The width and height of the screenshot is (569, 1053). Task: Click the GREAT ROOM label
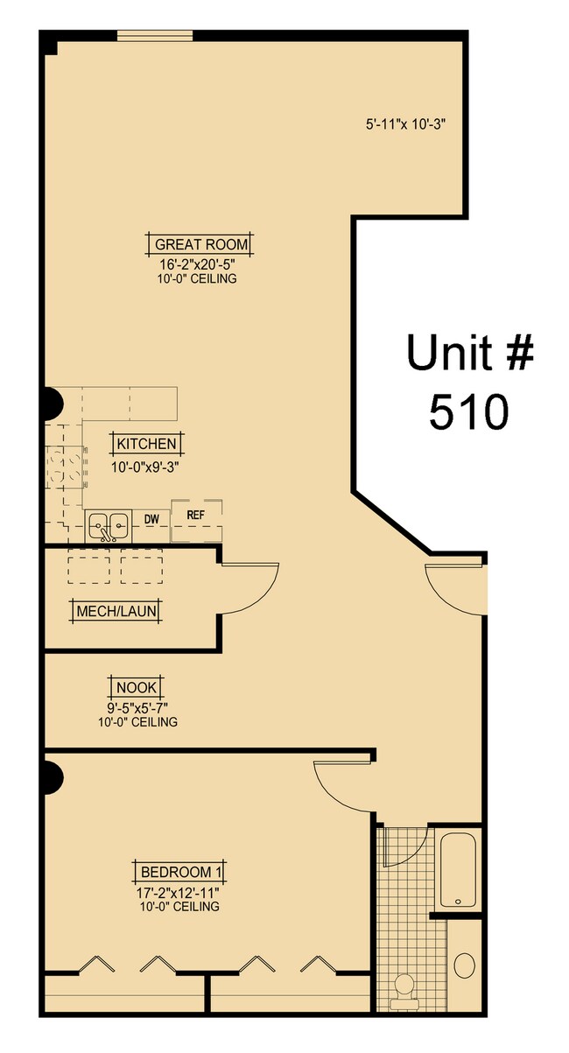[201, 244]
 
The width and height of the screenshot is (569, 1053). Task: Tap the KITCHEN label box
[146, 444]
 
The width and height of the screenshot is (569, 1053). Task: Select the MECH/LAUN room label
[118, 610]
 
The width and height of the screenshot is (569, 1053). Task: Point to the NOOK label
[137, 688]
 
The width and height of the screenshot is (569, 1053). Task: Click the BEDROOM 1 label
[182, 872]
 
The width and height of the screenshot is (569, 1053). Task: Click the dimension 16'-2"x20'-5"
[197, 264]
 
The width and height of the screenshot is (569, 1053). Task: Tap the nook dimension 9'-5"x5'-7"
[137, 708]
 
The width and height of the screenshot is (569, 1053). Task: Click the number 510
[468, 411]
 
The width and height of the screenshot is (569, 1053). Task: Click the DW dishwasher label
[151, 520]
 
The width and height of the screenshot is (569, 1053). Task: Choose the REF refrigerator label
[195, 516]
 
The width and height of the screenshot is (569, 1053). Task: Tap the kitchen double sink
[109, 526]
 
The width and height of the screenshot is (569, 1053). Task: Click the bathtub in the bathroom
[459, 871]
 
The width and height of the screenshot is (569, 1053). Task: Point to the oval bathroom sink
[465, 966]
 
